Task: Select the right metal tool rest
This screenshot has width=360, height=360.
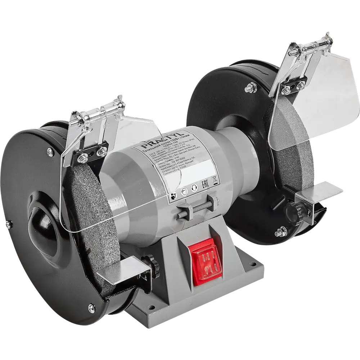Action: point(319,191)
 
